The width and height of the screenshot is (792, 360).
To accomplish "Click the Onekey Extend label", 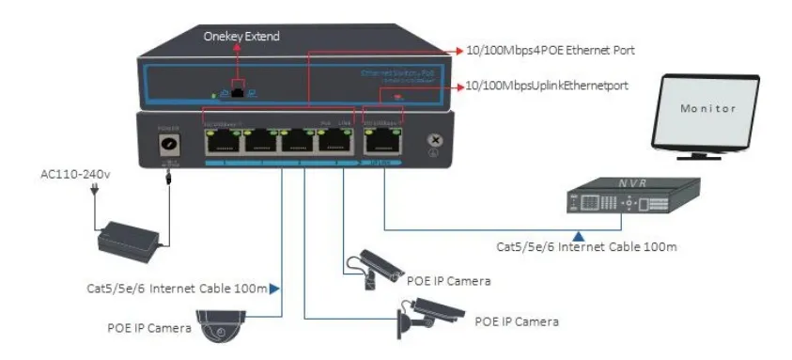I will (x=242, y=36).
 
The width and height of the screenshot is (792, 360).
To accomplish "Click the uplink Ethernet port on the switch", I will (x=381, y=141).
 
